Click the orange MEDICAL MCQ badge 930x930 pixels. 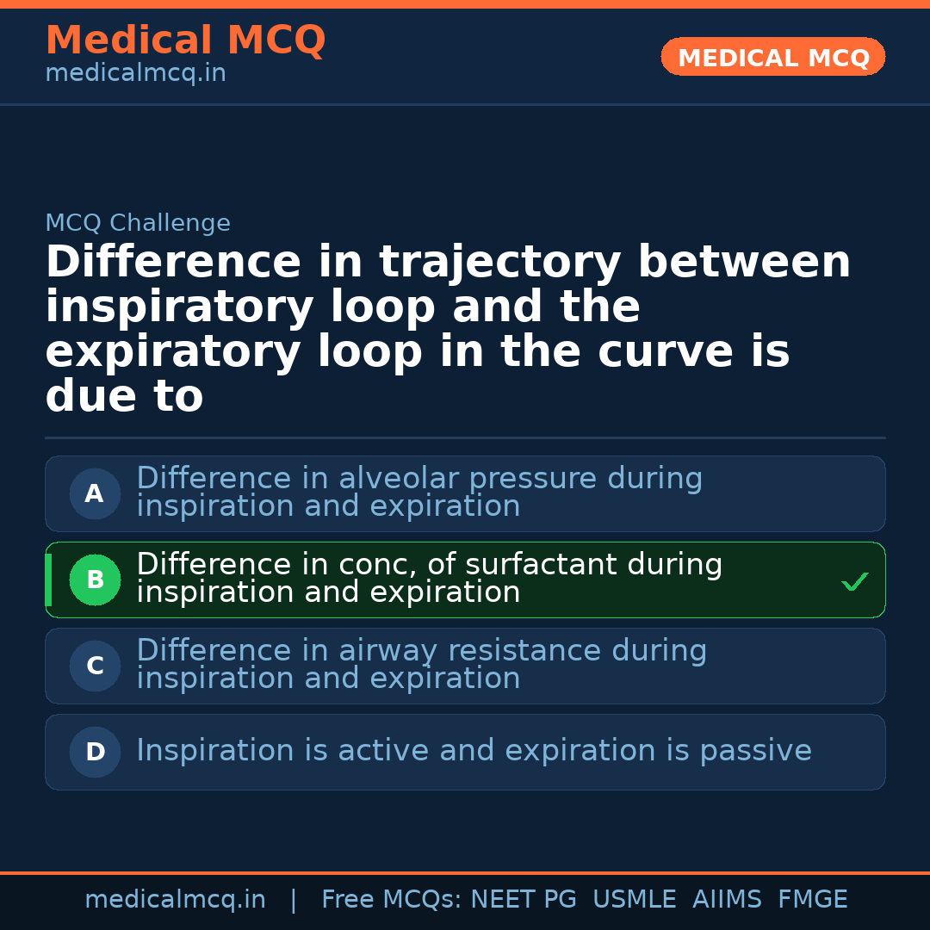(x=772, y=57)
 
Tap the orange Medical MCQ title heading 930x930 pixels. (x=185, y=40)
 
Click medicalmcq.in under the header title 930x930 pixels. (x=135, y=74)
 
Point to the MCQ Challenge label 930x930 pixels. (x=138, y=224)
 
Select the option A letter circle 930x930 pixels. (x=95, y=494)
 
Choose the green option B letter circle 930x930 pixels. (x=95, y=580)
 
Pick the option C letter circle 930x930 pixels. (x=95, y=666)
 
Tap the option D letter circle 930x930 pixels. (x=95, y=753)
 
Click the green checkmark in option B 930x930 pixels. (x=855, y=583)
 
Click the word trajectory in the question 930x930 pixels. (x=500, y=263)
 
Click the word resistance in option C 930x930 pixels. (x=529, y=651)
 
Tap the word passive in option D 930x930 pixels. (x=754, y=751)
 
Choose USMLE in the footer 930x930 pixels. (x=634, y=900)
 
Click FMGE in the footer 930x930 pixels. (x=812, y=900)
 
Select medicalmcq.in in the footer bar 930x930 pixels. (x=175, y=900)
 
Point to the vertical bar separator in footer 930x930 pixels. (x=294, y=900)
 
